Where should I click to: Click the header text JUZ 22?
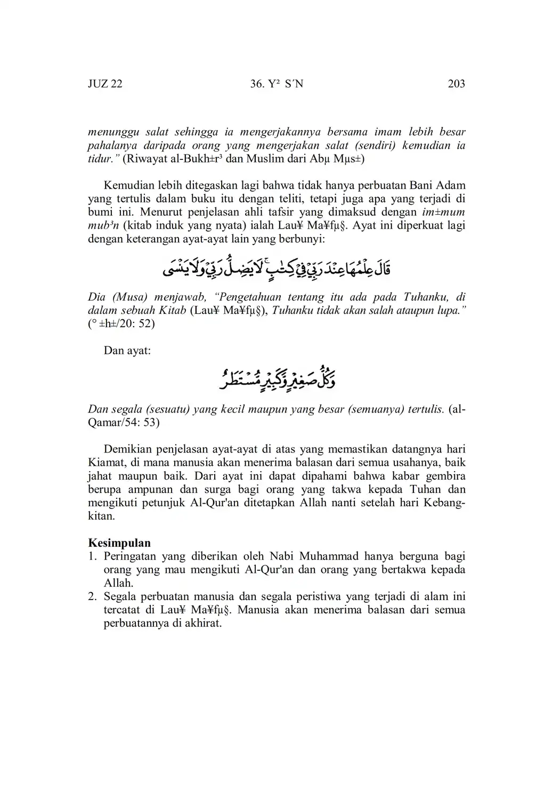[x=105, y=84]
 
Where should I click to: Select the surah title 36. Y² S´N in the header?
[x=276, y=84]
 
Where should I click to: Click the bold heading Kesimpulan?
[x=119, y=543]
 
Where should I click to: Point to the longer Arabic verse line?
[x=276, y=267]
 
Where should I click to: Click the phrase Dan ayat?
[x=127, y=351]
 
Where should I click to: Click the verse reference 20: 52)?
[x=136, y=323]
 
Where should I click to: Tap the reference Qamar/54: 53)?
[x=124, y=423]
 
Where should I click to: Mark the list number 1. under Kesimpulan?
[x=93, y=556]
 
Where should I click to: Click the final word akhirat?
[x=203, y=623]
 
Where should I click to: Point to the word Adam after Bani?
[x=451, y=185]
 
